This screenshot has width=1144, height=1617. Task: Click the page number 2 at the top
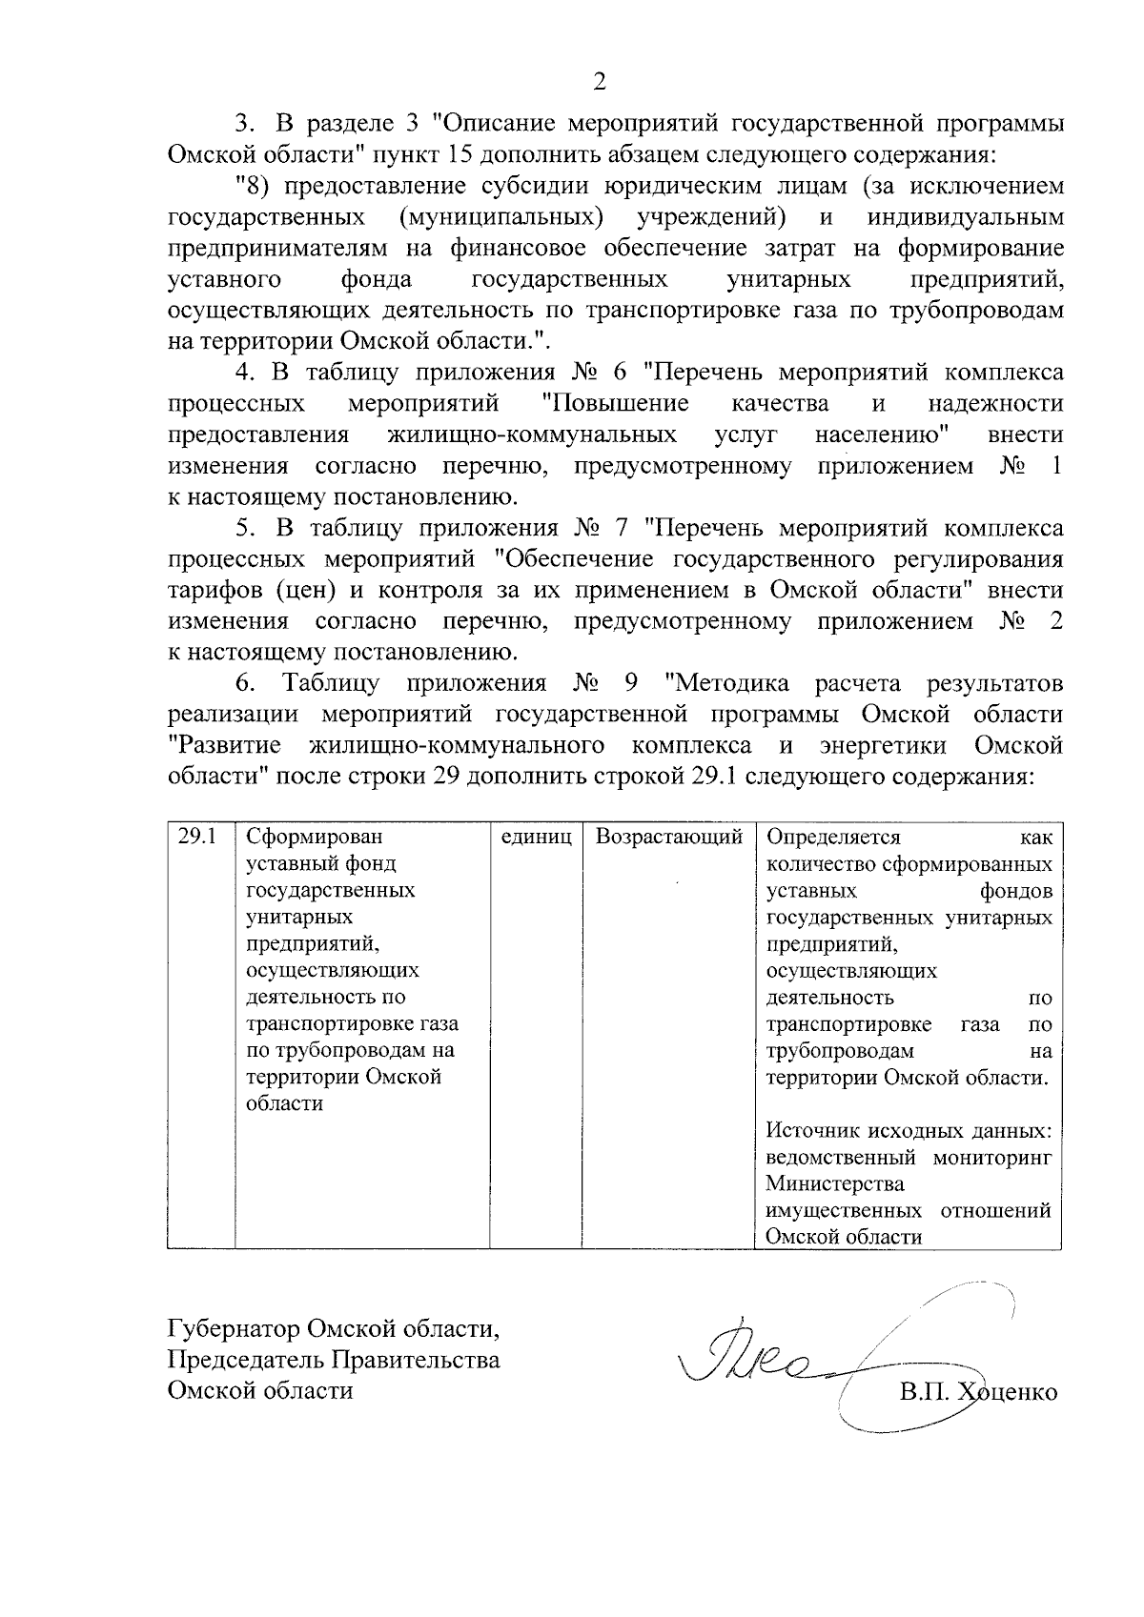pyautogui.click(x=600, y=83)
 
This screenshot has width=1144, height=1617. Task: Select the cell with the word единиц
pyautogui.click(x=536, y=838)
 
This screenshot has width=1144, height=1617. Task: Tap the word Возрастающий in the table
pyautogui.click(x=668, y=838)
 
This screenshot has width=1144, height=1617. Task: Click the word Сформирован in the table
pyautogui.click(x=314, y=838)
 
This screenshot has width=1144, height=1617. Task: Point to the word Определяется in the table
pyautogui.click(x=833, y=838)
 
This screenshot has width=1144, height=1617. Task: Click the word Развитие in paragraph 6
pyautogui.click(x=225, y=745)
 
